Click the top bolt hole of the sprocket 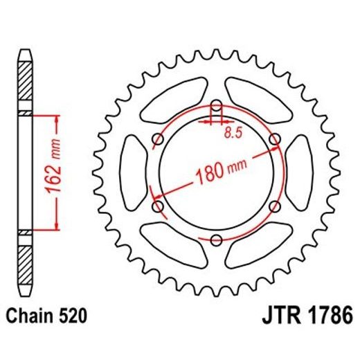[216, 107]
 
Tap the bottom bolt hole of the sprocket [216, 240]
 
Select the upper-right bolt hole [275, 140]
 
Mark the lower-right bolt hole [275, 206]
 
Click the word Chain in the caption [33, 318]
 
